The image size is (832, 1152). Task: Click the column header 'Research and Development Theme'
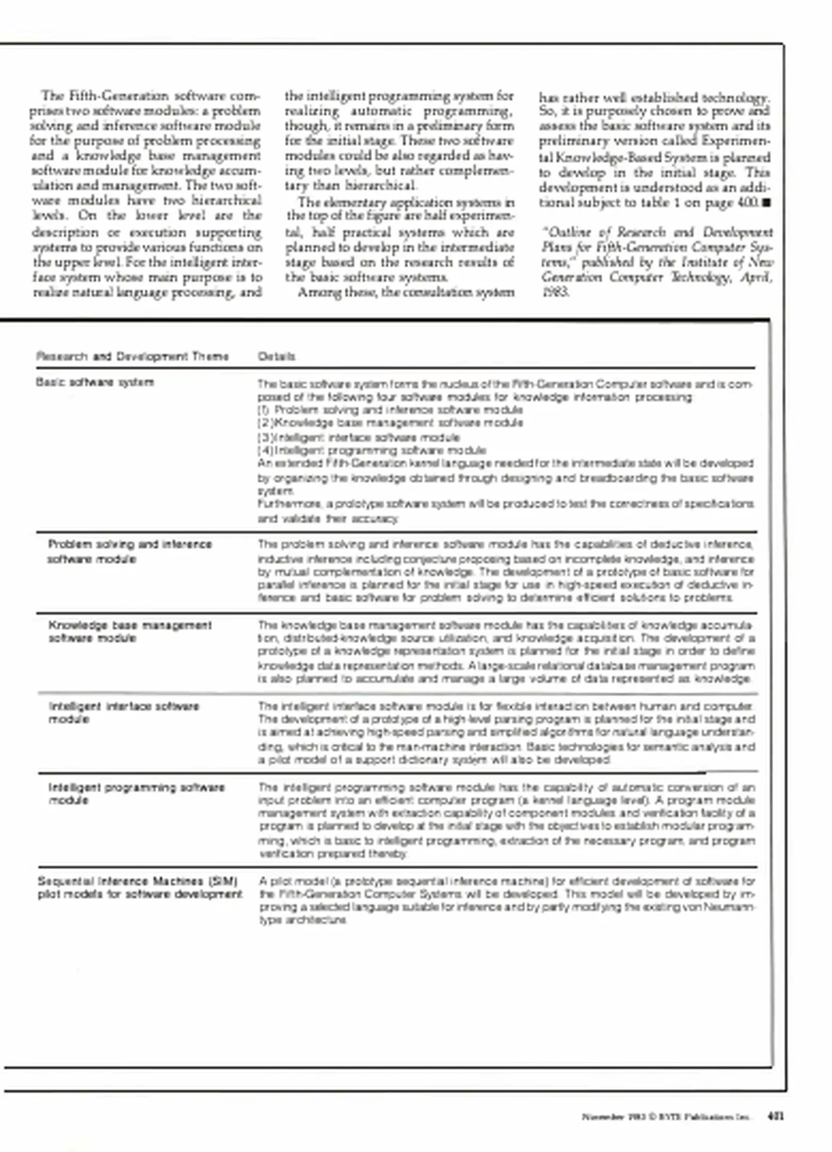132,356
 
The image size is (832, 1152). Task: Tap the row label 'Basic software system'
95,382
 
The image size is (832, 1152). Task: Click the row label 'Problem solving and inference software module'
130,551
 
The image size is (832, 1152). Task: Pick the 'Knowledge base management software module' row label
130,631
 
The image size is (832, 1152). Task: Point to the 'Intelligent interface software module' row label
124,713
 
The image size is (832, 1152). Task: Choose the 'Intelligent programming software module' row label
137,794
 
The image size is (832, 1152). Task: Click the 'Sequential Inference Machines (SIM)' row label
138,881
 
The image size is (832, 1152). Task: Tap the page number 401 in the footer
775,1116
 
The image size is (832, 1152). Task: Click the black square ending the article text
767,203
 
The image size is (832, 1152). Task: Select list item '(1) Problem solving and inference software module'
390,410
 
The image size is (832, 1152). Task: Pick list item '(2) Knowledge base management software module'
390,423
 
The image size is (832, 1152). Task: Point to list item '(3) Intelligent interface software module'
358,438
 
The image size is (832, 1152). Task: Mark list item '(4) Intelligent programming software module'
372,451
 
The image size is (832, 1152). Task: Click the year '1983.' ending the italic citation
555,292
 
